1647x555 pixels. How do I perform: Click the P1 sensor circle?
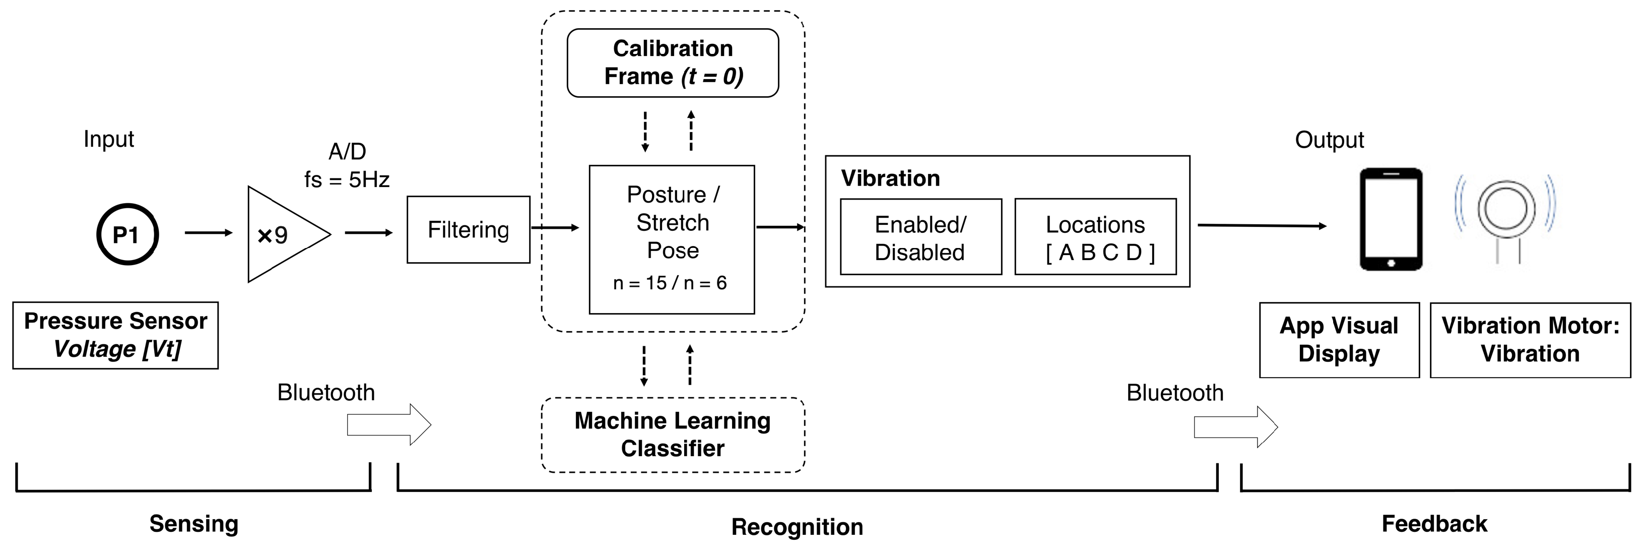click(127, 234)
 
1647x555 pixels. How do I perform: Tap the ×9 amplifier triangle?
click(281, 234)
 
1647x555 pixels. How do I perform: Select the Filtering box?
click(468, 229)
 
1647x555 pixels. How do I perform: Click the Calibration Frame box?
click(673, 63)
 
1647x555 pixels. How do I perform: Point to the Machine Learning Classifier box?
click(673, 435)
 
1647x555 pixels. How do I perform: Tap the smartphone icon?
click(1391, 219)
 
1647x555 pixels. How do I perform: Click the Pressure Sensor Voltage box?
click(115, 335)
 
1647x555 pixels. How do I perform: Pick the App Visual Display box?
click(1339, 340)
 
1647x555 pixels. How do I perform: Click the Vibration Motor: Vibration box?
click(1530, 340)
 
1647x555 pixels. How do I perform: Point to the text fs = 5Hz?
click(347, 179)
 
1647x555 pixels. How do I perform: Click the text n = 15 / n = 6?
click(670, 283)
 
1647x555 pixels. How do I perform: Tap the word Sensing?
click(194, 524)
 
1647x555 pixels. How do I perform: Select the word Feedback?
click(1434, 524)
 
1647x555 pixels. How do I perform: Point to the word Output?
click(1329, 140)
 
